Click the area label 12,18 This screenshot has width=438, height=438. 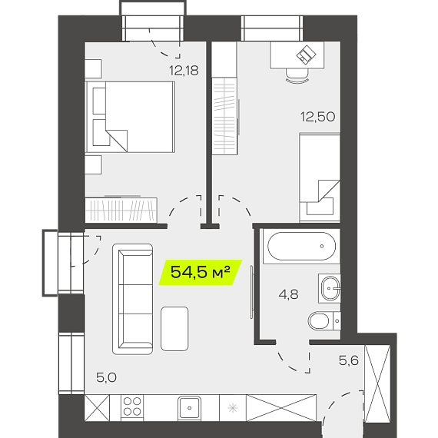[184, 71]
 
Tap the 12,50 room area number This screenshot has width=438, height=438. [317, 117]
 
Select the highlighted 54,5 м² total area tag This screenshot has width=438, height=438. [201, 272]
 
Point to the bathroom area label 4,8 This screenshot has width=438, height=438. [289, 294]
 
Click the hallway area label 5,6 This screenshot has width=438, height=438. [349, 360]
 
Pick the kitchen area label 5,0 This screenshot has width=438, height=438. [106, 377]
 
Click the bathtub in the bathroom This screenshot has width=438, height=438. [301, 247]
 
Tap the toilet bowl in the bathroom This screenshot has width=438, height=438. [324, 320]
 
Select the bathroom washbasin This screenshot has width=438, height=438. [330, 288]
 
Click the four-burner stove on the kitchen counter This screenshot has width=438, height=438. [132, 406]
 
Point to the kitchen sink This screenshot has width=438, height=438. [189, 408]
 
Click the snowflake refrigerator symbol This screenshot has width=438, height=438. [233, 408]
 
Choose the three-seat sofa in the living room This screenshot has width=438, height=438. [132, 299]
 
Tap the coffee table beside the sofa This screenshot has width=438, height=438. [174, 329]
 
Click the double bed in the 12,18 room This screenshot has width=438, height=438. [130, 117]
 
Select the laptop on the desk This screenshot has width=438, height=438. [306, 55]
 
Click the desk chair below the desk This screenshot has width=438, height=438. [297, 75]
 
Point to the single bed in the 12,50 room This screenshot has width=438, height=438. [320, 178]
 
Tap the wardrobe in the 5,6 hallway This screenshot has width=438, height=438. [377, 383]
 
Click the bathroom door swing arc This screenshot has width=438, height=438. [290, 363]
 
